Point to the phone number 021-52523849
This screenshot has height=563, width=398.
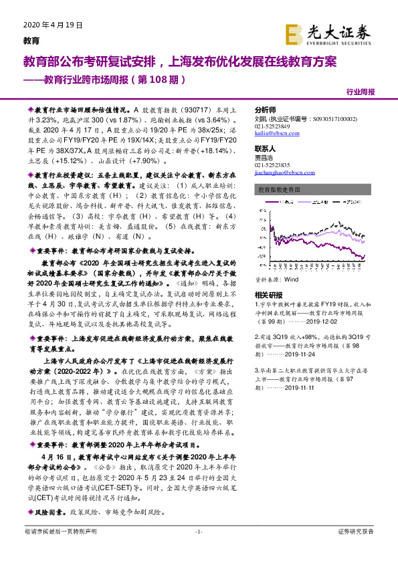click(x=272, y=126)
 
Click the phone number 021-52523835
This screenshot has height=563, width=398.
click(x=272, y=164)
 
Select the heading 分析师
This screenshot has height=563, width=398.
click(x=266, y=109)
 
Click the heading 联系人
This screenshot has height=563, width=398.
click(x=266, y=148)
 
